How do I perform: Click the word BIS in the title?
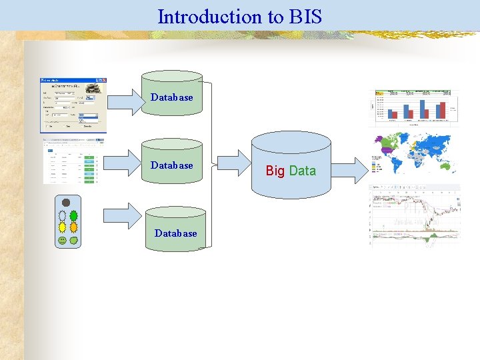[x=305, y=17]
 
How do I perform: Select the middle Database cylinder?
[x=171, y=163]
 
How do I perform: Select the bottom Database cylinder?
[x=175, y=230]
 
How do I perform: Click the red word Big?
[x=275, y=171]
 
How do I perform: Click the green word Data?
[x=303, y=171]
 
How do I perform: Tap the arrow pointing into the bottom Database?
[x=124, y=214]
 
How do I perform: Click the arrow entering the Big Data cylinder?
[x=233, y=163]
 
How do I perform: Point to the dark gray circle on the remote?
[x=66, y=203]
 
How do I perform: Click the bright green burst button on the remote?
[x=73, y=216]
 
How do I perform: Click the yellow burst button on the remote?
[x=62, y=227]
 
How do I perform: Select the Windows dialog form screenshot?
[x=72, y=105]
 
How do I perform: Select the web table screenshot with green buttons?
[x=69, y=162]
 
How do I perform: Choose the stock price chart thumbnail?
[x=415, y=213]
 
